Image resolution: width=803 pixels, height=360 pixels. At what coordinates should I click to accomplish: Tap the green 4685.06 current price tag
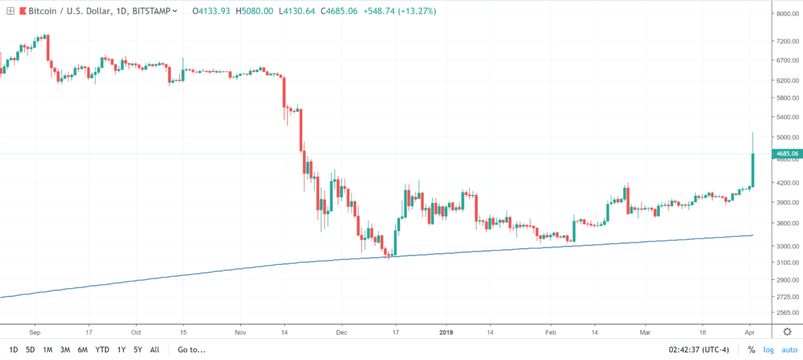(785, 154)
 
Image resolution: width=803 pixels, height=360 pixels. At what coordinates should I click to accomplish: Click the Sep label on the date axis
(37, 331)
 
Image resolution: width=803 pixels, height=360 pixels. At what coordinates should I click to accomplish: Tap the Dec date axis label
(342, 331)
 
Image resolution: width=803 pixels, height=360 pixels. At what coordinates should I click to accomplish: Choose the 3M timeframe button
(65, 349)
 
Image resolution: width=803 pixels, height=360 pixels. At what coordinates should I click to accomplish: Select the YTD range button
(102, 349)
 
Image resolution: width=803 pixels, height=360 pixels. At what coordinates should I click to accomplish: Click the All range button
(154, 349)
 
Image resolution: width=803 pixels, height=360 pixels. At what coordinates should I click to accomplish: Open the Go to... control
(192, 349)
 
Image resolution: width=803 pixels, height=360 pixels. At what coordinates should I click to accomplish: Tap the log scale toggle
(768, 349)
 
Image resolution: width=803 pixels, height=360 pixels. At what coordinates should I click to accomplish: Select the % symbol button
(751, 349)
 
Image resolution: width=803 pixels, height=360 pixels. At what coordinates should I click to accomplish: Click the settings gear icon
(788, 331)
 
